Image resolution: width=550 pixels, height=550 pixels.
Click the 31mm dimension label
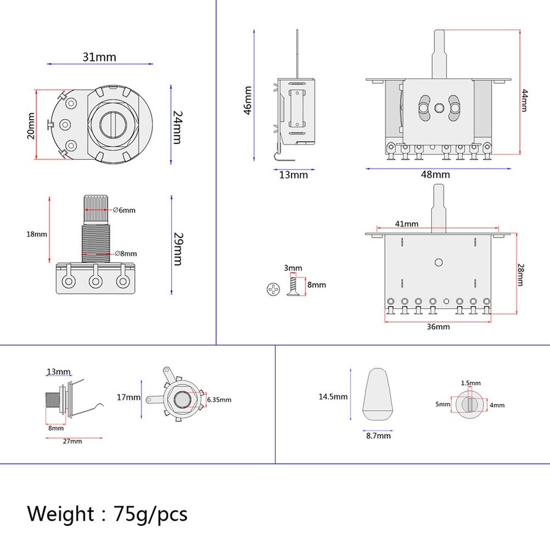(x=99, y=57)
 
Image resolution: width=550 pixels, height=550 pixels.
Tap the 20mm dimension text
(x=31, y=125)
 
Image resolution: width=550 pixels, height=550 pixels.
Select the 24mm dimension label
(x=177, y=127)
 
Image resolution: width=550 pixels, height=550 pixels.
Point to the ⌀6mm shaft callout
(x=124, y=210)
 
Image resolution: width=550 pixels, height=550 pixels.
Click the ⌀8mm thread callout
(x=125, y=253)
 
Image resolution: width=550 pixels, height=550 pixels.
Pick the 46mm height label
(x=247, y=101)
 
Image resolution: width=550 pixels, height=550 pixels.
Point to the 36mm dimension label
(x=438, y=327)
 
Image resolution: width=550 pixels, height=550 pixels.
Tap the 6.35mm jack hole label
(x=219, y=399)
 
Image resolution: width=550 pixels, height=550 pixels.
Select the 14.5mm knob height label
(x=332, y=396)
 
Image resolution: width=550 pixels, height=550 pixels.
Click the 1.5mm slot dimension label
(x=471, y=383)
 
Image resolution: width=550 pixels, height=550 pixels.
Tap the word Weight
(x=61, y=513)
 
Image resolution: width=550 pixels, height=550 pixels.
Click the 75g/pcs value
(x=151, y=514)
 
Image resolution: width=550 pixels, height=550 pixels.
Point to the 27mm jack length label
(x=72, y=441)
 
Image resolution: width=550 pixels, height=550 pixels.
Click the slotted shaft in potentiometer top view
(x=113, y=124)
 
